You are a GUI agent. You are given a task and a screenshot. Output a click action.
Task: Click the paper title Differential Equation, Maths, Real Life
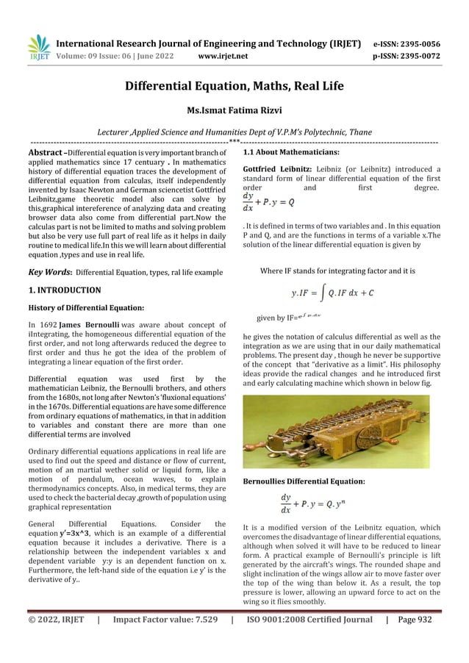pyautogui.click(x=234, y=87)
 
